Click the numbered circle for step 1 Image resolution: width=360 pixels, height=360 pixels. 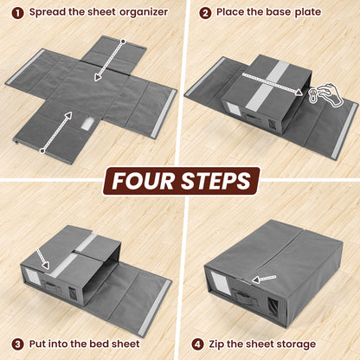pos(17,13)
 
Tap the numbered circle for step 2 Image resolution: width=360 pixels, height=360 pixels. pos(205,13)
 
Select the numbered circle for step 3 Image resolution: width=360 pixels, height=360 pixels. pos(17,344)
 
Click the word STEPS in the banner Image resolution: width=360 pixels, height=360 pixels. pos(218,180)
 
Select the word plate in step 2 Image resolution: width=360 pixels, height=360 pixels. pos(305,13)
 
